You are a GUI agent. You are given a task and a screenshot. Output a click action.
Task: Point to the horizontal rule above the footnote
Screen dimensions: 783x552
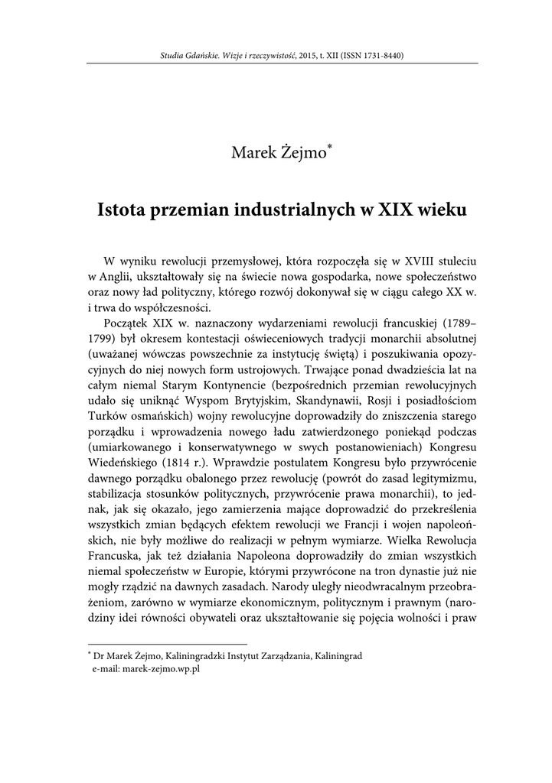[x=168, y=644]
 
